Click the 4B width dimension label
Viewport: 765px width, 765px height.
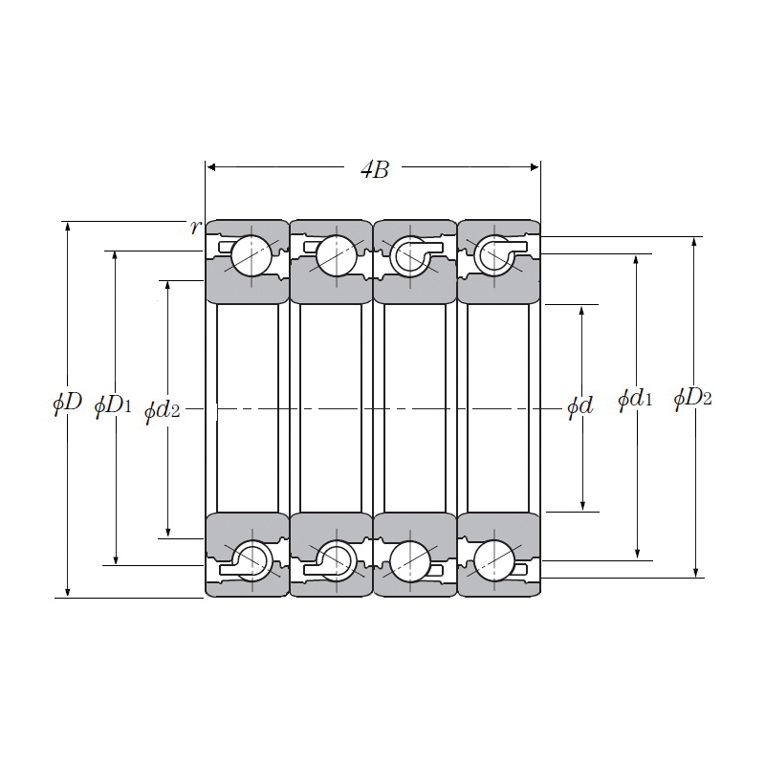[x=375, y=170]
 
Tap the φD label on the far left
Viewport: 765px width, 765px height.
[x=67, y=403]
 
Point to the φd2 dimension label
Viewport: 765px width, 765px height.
[x=163, y=411]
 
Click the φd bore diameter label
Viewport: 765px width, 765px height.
[x=580, y=406]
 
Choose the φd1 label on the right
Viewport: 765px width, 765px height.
[x=635, y=400]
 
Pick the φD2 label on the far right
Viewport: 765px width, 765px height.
[x=692, y=399]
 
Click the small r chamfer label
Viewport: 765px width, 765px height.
[x=196, y=227]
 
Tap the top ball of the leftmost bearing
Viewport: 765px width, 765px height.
[x=251, y=256]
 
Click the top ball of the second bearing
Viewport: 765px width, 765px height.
[x=337, y=256]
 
